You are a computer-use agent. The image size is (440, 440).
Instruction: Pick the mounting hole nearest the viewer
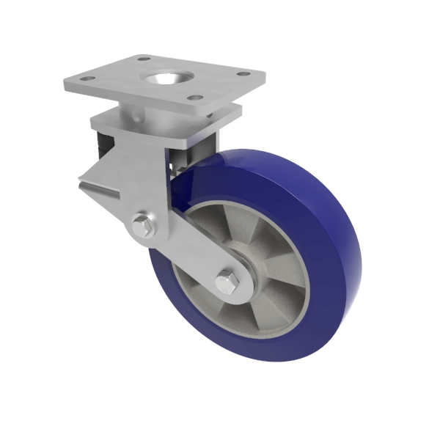point(194,98)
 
